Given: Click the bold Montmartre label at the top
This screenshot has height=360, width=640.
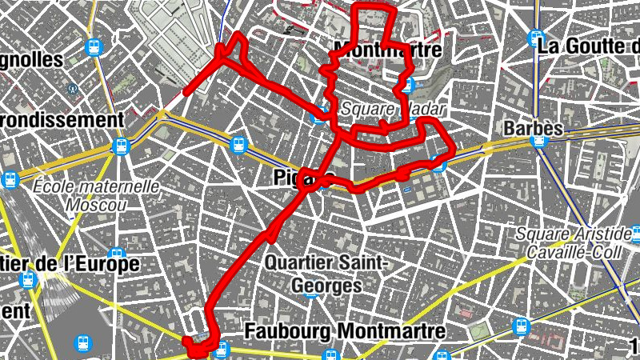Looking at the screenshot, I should (x=392, y=50).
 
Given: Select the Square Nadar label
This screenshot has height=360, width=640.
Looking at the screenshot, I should (x=392, y=108).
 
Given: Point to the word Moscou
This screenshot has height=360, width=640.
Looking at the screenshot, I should (x=97, y=205).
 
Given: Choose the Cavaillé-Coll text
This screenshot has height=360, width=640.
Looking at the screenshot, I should (x=575, y=250).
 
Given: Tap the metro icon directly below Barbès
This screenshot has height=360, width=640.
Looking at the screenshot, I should (x=538, y=141).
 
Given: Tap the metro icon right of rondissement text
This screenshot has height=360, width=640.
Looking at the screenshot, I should (x=122, y=146).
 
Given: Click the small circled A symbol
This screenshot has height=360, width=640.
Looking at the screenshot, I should (x=73, y=89).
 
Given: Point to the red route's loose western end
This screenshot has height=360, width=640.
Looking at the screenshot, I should (x=186, y=94).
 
